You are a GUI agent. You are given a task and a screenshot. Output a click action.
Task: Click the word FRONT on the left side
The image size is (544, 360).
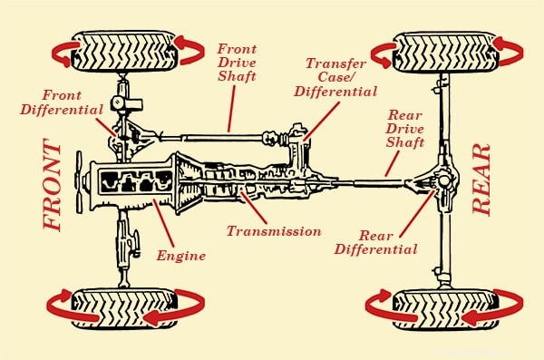pos(53,184)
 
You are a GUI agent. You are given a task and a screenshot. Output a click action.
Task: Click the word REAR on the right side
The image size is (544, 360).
pos(481,180)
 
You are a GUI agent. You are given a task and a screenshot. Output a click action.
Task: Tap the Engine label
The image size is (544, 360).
pos(180,257)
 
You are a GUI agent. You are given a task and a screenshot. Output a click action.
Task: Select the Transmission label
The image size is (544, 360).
pos(274,231)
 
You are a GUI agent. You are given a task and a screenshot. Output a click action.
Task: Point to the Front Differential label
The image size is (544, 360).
pos(62,102)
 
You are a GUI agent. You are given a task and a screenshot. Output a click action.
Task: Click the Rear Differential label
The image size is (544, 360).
pos(375,243)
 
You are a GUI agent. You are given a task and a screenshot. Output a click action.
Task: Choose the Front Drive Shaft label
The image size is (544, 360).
pos(237,63)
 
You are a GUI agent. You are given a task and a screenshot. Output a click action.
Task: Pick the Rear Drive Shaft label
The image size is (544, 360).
pos(405,129)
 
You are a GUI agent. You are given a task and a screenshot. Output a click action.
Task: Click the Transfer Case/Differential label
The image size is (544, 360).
pos(335,77)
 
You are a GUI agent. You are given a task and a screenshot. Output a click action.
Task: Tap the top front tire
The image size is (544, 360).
pos(123,52)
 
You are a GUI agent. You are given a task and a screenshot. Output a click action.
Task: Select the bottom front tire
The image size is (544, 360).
pos(124,308)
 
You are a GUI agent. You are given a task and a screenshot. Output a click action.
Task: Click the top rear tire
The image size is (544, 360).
pos(446,53)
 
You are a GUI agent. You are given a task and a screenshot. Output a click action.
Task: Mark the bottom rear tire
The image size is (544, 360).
pos(446,309)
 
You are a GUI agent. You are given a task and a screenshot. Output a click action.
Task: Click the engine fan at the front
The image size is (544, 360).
pos(80,182)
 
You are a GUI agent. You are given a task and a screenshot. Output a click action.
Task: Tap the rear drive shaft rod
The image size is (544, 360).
pos(370,182)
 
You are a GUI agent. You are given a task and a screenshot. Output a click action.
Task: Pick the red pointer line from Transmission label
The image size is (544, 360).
pos(253,208)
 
